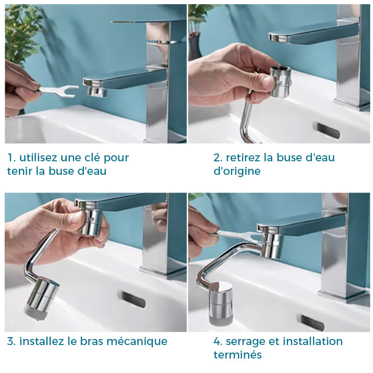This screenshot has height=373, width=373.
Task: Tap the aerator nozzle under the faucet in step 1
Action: pyautogui.click(x=97, y=91)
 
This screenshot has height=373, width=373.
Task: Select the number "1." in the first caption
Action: pyautogui.click(x=12, y=158)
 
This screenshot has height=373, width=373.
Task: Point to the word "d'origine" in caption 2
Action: pyautogui.click(x=237, y=171)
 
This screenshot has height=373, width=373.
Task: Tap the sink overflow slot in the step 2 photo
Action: pyautogui.click(x=328, y=130)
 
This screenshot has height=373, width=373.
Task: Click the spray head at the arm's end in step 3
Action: pyautogui.click(x=41, y=298)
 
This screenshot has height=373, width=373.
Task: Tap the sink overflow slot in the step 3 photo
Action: pyautogui.click(x=133, y=299)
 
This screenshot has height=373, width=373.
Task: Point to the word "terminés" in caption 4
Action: pyautogui.click(x=238, y=355)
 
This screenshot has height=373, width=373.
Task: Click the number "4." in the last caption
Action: pyautogui.click(x=218, y=341)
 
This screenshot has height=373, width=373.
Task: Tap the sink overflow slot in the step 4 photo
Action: pyautogui.click(x=312, y=323)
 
